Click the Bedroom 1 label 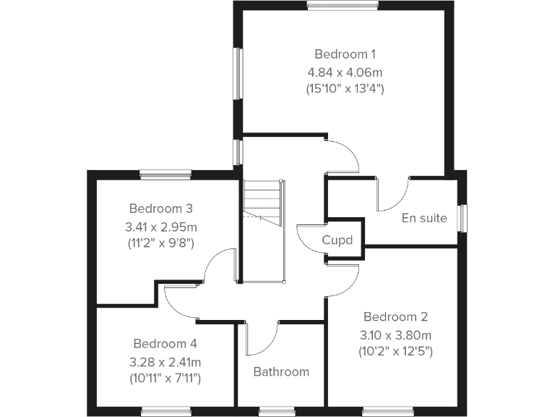[345, 54]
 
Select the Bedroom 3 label [160, 208]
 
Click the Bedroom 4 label [165, 343]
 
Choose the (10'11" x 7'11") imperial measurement [165, 378]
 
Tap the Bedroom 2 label [395, 316]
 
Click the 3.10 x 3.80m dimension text [395, 334]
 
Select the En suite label [424, 218]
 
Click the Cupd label [337, 240]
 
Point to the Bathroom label [280, 372]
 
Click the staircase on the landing [261, 202]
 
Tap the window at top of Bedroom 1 [343, 5]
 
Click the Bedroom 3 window [165, 174]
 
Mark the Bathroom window [277, 412]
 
